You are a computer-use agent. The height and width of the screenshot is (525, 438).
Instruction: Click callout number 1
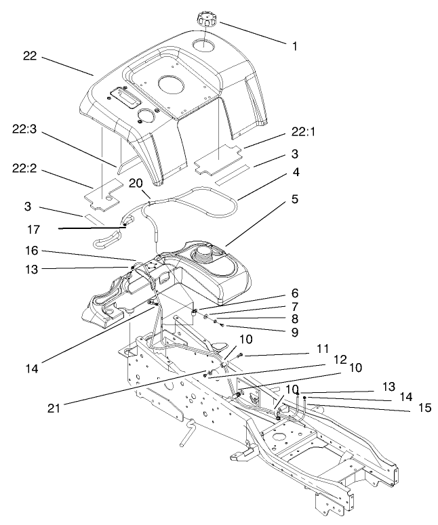[x=295, y=47]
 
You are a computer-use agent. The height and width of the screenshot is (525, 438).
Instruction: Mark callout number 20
[x=136, y=184]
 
